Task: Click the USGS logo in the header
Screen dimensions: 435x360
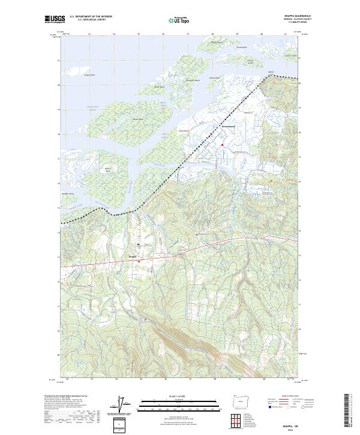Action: [x=55, y=19]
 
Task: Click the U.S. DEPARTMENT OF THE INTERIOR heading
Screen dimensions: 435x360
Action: [x=91, y=17]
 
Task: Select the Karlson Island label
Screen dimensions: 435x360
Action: [x=108, y=170]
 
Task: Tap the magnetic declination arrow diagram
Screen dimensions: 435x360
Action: [x=122, y=404]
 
